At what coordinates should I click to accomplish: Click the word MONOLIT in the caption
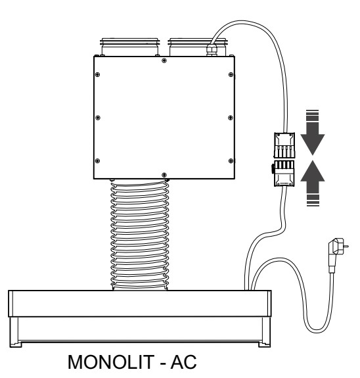[x=111, y=362]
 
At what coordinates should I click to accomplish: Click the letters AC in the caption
[x=184, y=362]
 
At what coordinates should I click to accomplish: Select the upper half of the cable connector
[x=284, y=145]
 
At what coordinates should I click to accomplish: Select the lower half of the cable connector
[x=284, y=174]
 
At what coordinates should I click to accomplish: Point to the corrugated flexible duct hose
[x=140, y=235]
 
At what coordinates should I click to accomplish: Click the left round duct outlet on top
[x=130, y=47]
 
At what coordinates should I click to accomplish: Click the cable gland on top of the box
[x=212, y=49]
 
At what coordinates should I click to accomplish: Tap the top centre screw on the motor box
[x=164, y=60]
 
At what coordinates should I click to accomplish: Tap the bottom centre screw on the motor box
[x=164, y=174]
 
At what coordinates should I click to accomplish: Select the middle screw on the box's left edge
[x=98, y=118]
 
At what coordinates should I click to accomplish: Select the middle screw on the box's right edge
[x=231, y=118]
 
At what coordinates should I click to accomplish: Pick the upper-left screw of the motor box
[x=98, y=74]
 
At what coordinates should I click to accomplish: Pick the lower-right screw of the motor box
[x=231, y=161]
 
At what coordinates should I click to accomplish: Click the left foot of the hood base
[x=16, y=344]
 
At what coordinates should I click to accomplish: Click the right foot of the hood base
[x=264, y=344]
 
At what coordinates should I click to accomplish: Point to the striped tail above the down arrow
[x=313, y=116]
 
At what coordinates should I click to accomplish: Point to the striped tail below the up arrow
[x=313, y=200]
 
